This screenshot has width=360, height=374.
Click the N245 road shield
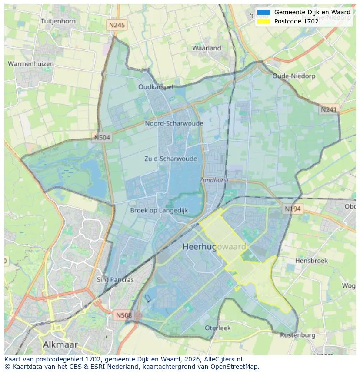[x=117, y=25]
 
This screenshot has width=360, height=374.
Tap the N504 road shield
[x=102, y=138]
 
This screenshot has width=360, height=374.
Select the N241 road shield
[x=329, y=110]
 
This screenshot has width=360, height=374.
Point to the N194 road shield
[x=293, y=209]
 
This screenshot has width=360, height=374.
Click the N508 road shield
[x=124, y=315]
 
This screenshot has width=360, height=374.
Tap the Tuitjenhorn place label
[x=58, y=21]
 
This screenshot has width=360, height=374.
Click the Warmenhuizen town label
[x=31, y=64]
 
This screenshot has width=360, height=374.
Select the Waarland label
[x=207, y=48]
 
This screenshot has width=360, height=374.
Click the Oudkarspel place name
[x=156, y=87]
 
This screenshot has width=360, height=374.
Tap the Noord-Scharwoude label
[x=174, y=123]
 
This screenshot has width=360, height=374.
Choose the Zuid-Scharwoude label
[x=170, y=159]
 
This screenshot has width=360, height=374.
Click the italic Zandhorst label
[x=214, y=180]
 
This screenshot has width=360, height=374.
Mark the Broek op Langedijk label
[x=159, y=210]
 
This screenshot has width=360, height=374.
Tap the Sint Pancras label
[x=115, y=280]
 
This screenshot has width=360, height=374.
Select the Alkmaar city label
[x=60, y=344]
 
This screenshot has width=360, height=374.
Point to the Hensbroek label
[x=311, y=261]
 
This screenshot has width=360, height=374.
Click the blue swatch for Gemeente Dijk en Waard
[x=263, y=13]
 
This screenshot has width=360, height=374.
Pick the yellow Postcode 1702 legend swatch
[x=263, y=21]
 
